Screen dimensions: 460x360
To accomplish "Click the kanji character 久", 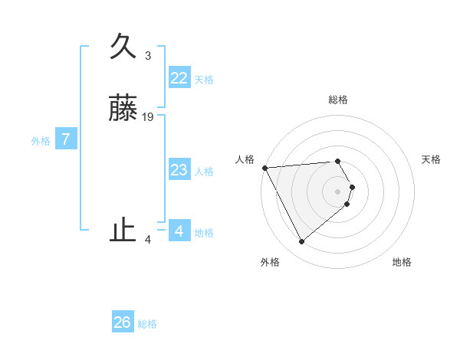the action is click(123, 46).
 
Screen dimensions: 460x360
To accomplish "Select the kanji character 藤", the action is click(123, 108).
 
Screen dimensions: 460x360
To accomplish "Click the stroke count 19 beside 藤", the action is click(148, 117).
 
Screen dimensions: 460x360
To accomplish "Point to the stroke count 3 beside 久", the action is click(148, 56).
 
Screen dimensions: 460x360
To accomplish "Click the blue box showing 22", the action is click(179, 78).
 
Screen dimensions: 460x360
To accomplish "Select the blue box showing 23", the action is click(179, 170).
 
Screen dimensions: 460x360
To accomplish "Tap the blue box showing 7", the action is click(66, 139).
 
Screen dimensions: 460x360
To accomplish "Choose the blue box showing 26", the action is click(122, 322).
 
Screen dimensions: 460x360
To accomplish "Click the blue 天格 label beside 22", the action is click(204, 80).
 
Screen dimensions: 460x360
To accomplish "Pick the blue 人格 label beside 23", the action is click(204, 172).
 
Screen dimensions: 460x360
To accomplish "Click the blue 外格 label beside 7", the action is click(41, 141).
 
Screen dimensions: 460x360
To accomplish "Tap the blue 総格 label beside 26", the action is click(147, 324).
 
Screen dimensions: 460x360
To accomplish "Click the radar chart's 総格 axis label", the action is click(338, 100).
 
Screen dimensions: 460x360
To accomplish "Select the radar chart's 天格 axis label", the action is click(431, 159).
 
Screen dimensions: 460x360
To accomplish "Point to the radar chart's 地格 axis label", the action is click(402, 262).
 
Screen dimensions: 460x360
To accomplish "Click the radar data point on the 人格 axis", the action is click(264, 168).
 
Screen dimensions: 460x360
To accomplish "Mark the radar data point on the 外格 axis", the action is click(301, 242).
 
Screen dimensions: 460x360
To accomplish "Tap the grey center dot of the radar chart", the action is click(338, 191).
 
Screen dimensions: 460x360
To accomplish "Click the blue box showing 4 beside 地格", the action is click(179, 231).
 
